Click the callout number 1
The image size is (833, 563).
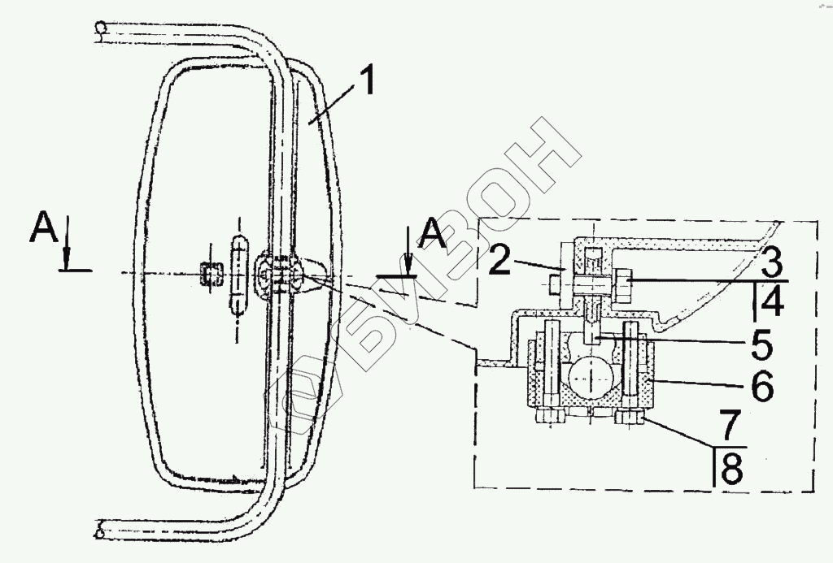coord(364,80)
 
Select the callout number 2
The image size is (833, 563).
coord(499,259)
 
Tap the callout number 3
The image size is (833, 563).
coord(772,262)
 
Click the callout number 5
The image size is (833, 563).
coord(761,344)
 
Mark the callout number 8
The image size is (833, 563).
coord(732,469)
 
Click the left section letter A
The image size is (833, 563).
coord(44,227)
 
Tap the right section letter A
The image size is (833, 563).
coord(433,233)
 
